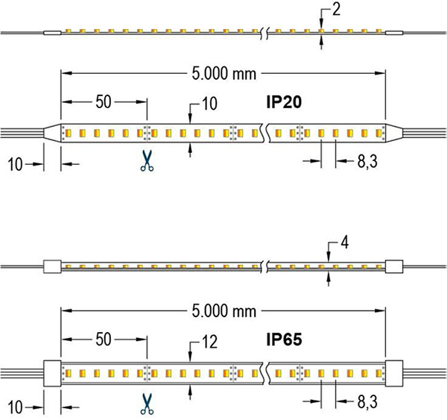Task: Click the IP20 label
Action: [x=284, y=102]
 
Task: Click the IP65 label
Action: [x=284, y=339]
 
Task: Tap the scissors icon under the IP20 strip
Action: [x=146, y=162]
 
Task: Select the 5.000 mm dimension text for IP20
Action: [x=223, y=75]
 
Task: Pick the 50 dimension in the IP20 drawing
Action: [x=104, y=101]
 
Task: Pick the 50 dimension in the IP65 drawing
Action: [x=104, y=339]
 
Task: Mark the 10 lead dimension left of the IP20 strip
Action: [x=15, y=163]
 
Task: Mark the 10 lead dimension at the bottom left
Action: [x=15, y=407]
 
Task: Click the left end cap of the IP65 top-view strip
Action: [x=52, y=372]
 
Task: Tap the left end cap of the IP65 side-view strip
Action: [x=52, y=265]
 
